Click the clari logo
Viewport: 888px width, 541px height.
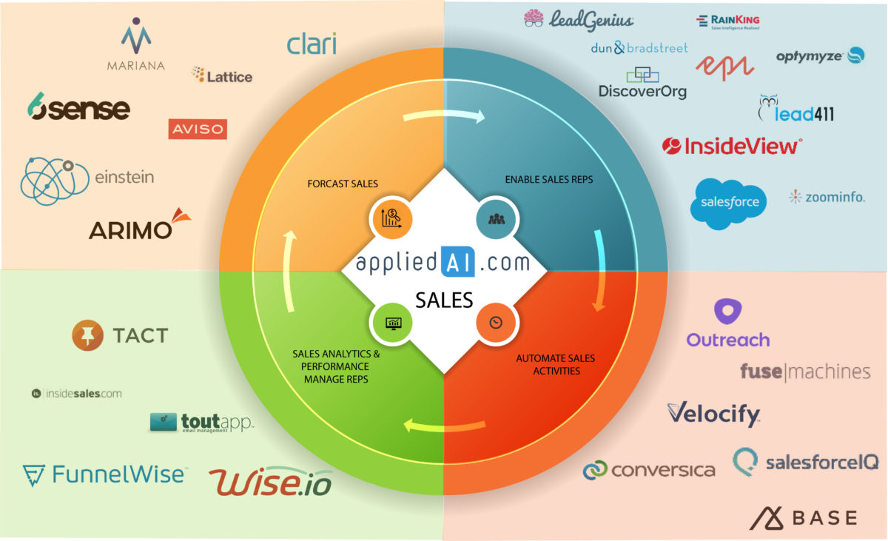coord(312,44)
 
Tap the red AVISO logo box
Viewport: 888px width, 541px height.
coord(198,130)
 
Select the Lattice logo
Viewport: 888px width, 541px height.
coord(222,75)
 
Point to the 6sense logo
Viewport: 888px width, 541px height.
coord(78,108)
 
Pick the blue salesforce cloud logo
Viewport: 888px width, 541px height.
coord(729,202)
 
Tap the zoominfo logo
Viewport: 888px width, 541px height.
coord(827,197)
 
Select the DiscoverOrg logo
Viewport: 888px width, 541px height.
coord(642,84)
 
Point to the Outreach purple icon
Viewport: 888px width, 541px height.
coord(728,312)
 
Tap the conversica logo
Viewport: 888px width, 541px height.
coord(649,469)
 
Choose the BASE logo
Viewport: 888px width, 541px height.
coord(804,517)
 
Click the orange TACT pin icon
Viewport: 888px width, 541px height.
coord(88,335)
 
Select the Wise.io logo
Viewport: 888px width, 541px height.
coord(270,482)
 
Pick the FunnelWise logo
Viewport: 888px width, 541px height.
coord(104,474)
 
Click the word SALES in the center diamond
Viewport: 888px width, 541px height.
coord(444,300)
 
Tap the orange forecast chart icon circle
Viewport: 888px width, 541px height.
coord(390,218)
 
